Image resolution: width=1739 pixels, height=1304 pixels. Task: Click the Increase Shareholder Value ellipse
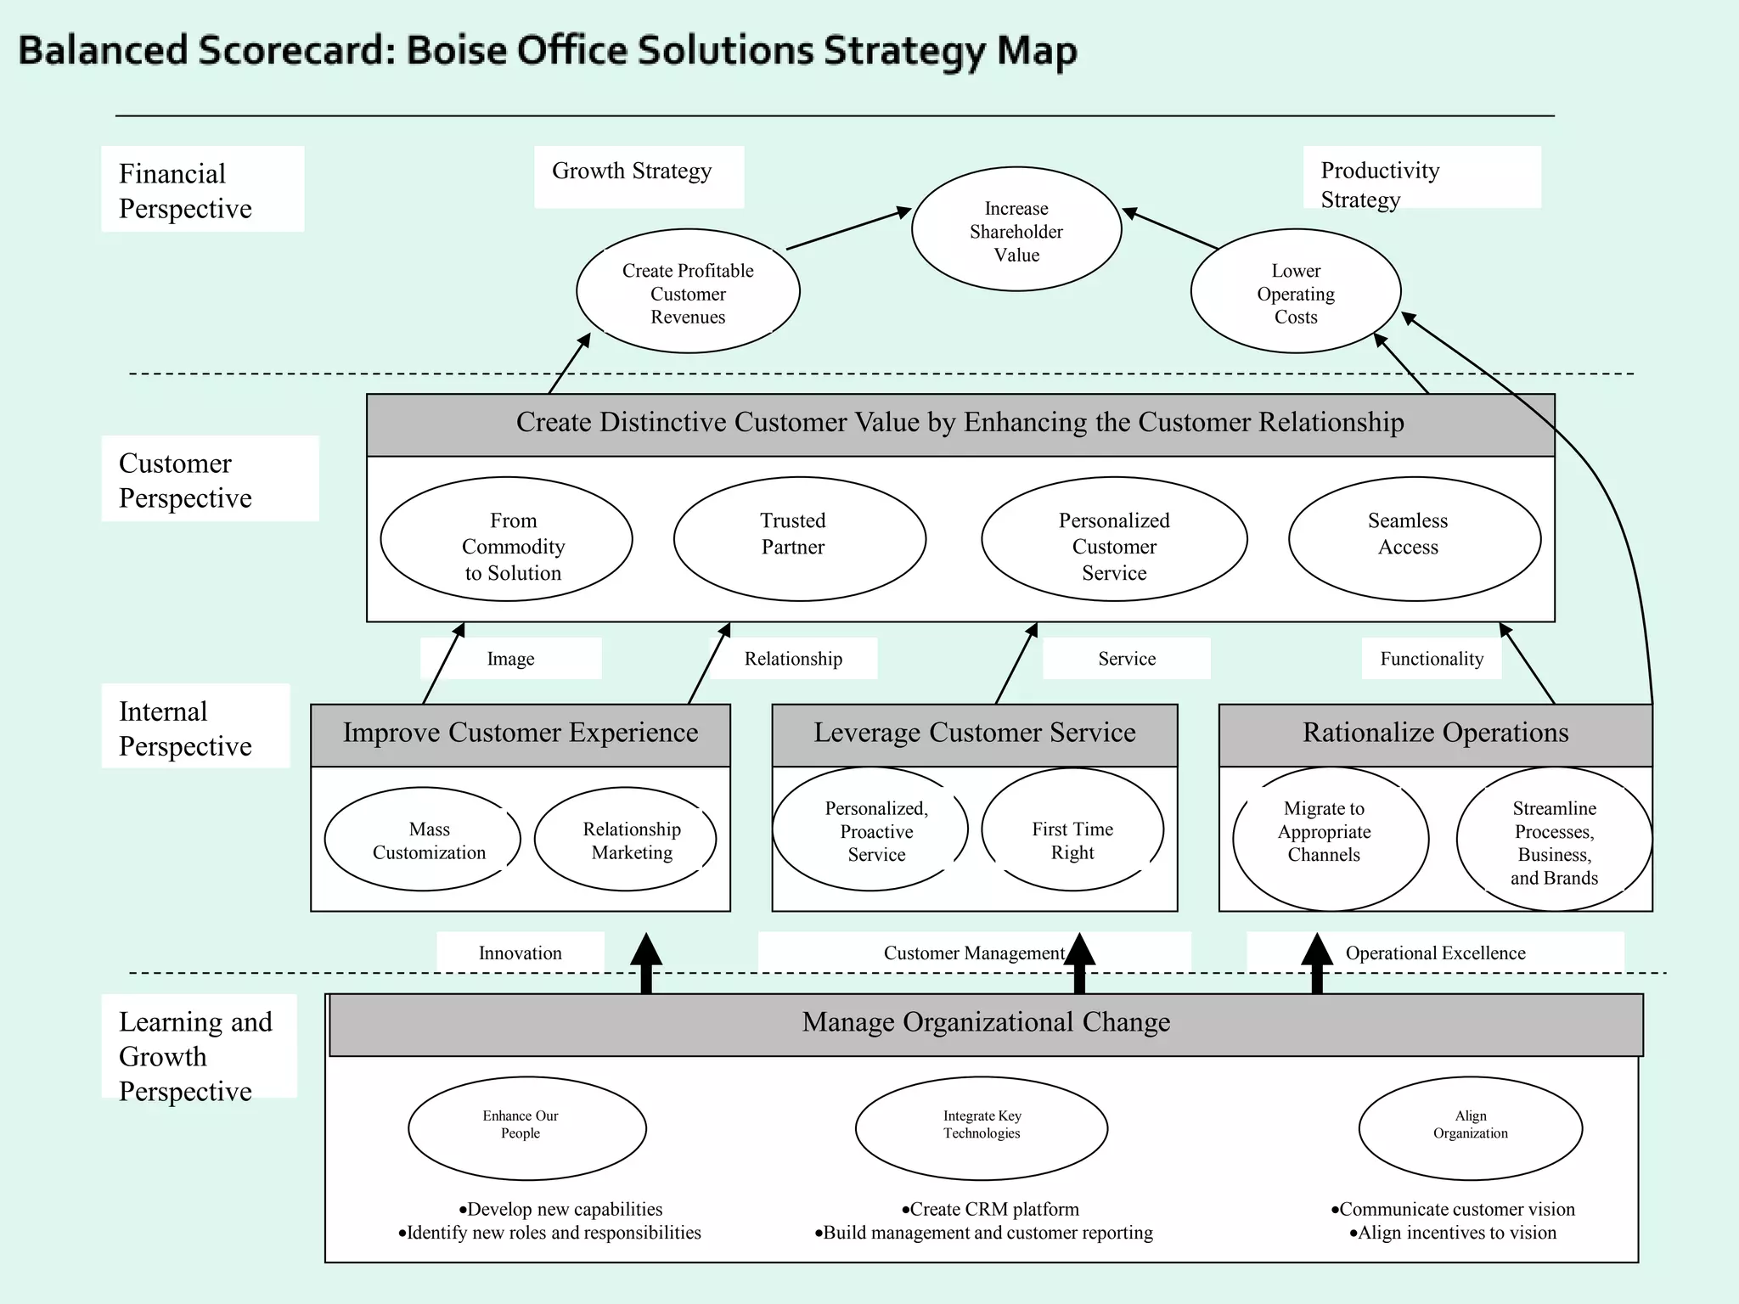point(1016,229)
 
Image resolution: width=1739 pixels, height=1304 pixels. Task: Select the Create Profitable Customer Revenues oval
point(688,291)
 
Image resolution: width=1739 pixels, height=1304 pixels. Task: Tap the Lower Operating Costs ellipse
point(1296,291)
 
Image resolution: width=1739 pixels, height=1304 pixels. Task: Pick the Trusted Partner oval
point(799,538)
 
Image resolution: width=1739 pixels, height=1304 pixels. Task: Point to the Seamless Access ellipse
point(1415,538)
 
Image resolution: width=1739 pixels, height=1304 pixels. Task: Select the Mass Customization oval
point(423,840)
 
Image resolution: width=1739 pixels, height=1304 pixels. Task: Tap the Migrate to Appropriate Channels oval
point(1330,839)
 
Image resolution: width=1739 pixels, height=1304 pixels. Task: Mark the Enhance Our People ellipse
point(527,1128)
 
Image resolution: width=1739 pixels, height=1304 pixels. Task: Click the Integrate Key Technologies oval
point(982,1128)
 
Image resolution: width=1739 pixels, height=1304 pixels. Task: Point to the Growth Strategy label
point(632,171)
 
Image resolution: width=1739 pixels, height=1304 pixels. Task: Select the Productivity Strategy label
point(1380,184)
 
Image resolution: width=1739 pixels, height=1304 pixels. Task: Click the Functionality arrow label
point(1432,659)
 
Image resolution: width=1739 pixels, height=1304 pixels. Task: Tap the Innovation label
point(521,953)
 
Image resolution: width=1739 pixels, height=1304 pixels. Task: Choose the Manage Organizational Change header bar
point(986,1024)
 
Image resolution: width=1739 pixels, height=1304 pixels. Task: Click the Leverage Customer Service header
point(975,733)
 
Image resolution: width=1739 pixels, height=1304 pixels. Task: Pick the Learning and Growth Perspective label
point(196,1056)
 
